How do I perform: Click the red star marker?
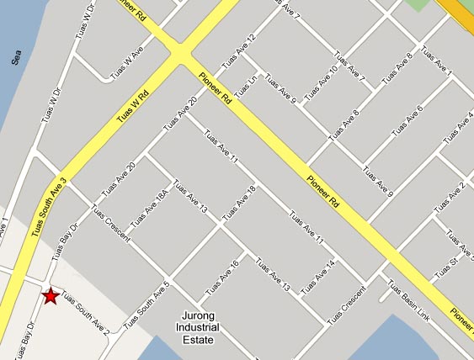click(51, 295)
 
